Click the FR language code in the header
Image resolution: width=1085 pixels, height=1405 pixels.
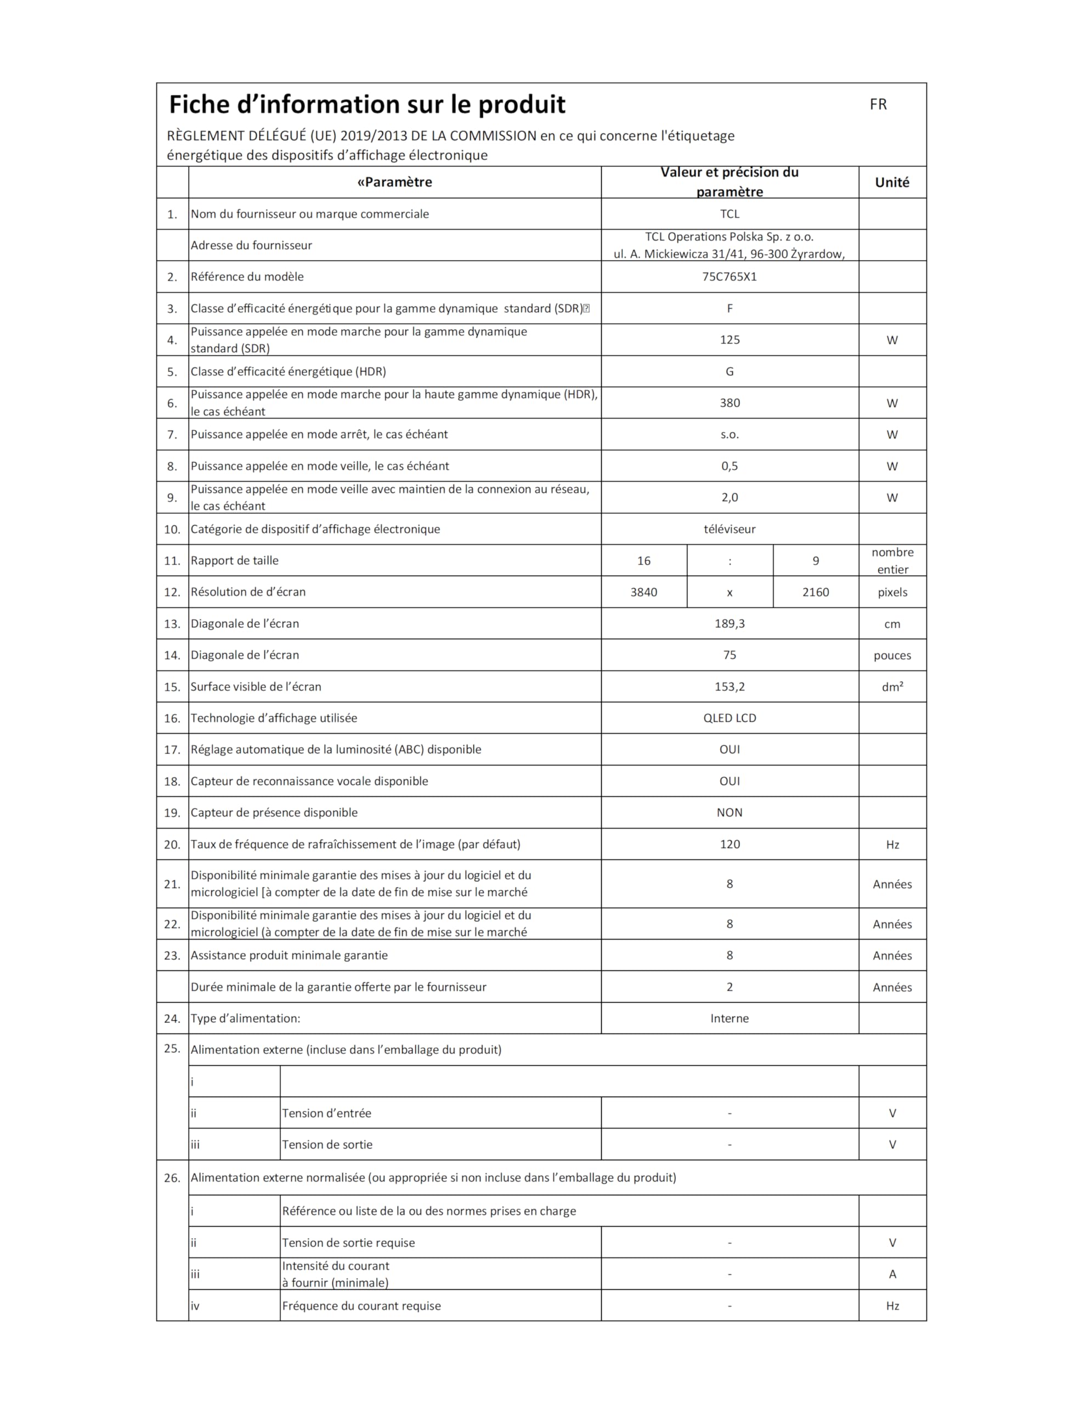[878, 104]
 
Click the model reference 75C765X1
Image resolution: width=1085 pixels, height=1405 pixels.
[730, 277]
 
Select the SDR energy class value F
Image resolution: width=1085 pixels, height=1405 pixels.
[730, 308]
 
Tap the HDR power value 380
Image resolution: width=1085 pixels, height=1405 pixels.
[730, 403]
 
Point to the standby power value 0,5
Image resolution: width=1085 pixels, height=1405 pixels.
[730, 466]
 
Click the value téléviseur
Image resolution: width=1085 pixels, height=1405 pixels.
[730, 529]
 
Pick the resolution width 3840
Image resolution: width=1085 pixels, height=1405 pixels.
[644, 592]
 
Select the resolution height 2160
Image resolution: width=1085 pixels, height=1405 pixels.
[816, 592]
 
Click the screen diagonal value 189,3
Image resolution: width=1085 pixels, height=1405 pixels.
[730, 623]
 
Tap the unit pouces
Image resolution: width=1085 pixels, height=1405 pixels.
[892, 655]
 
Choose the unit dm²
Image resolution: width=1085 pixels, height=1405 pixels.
[892, 687]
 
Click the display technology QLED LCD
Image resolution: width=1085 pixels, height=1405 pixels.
[730, 718]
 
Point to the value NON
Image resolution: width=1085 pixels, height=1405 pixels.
[730, 812]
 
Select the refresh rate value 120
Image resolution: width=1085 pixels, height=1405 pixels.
[730, 844]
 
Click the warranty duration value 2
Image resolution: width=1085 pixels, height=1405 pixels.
[730, 987]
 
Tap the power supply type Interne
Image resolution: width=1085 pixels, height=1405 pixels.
[730, 1019]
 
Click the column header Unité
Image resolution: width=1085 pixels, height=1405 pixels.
[892, 182]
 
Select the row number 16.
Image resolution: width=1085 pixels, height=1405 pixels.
[172, 718]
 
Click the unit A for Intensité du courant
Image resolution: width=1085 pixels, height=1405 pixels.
[892, 1274]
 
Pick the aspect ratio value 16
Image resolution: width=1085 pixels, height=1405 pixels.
[644, 561]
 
